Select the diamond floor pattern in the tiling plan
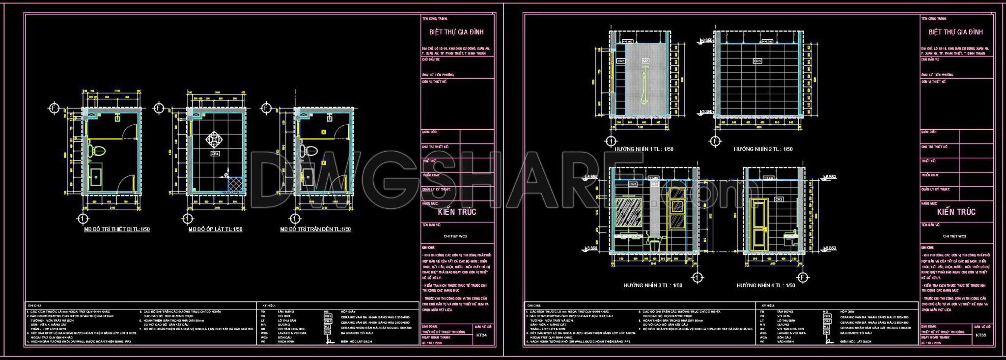[x=215, y=140]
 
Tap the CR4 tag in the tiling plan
[x=215, y=154]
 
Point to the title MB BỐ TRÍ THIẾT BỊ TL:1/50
[x=117, y=229]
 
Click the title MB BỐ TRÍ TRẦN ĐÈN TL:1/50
[x=315, y=229]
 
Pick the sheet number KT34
[x=482, y=336]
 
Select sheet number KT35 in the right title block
[x=981, y=336]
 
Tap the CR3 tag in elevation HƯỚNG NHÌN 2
[x=757, y=61]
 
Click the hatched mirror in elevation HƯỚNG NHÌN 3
[x=629, y=212]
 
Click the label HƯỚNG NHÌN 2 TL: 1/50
[x=763, y=149]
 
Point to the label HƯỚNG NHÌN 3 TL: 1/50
[x=653, y=285]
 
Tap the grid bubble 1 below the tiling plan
[x=186, y=218]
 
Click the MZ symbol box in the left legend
[x=328, y=327]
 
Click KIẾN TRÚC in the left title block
[x=457, y=212]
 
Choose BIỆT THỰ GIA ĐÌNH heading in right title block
[x=955, y=32]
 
